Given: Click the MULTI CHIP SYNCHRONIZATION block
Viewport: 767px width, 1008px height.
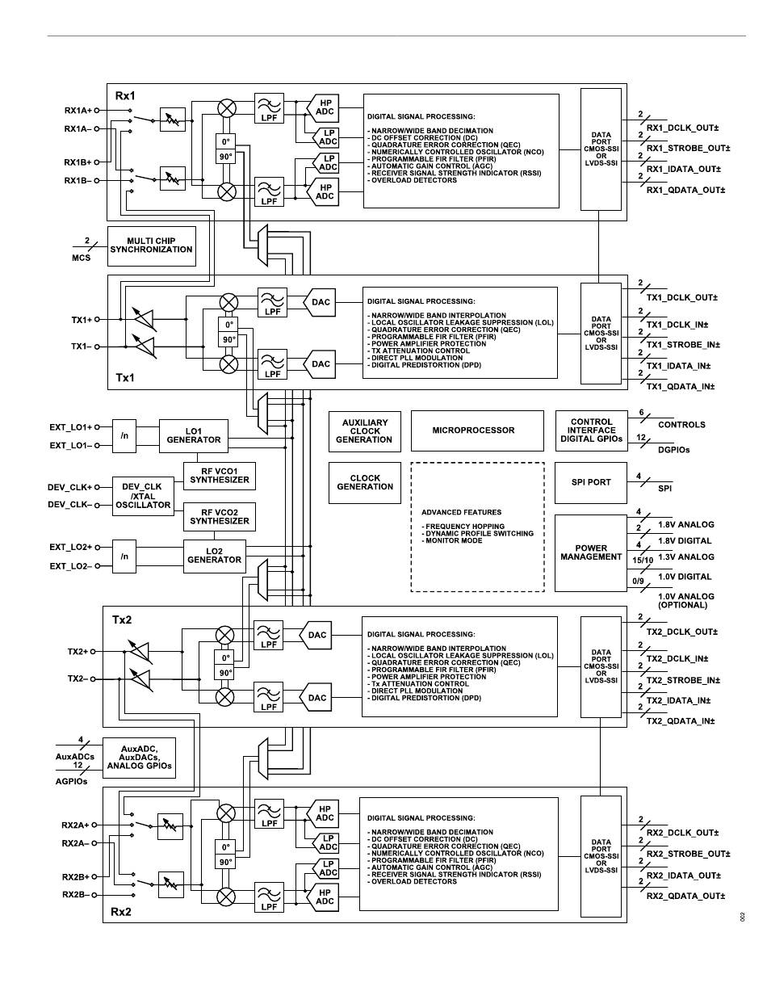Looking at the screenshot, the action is point(152,246).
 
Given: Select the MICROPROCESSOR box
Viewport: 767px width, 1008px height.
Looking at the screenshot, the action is point(477,430).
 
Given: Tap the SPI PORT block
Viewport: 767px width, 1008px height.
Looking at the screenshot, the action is point(591,483).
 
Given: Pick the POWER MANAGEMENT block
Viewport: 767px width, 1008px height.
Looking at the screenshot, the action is point(591,553).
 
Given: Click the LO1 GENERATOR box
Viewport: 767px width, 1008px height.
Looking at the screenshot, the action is point(194,436).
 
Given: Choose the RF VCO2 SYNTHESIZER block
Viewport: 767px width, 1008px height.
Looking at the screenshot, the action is point(220,517).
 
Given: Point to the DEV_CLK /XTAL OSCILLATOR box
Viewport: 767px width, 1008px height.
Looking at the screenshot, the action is point(143,496).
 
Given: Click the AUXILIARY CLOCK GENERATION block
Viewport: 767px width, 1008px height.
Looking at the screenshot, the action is point(365,431).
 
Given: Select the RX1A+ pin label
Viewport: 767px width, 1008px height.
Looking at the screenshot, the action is point(78,111).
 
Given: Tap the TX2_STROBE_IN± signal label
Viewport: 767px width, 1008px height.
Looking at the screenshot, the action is point(683,680).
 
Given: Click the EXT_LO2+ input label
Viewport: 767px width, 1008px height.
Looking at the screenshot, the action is point(71,547).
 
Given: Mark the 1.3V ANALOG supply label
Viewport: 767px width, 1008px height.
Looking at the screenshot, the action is point(685,557).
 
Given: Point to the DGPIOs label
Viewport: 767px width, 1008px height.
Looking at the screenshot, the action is point(674,450).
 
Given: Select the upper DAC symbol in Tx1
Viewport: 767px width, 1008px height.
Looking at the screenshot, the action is point(320,302).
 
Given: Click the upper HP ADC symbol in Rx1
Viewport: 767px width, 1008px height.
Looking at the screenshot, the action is point(323,107).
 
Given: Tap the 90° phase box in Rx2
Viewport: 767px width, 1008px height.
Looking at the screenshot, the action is point(225,862).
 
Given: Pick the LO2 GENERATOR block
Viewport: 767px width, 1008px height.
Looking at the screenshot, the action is point(214,556).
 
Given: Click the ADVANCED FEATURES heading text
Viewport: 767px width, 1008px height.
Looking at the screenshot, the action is point(461,512).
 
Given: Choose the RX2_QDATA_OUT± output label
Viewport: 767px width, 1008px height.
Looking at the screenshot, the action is point(685,896).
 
